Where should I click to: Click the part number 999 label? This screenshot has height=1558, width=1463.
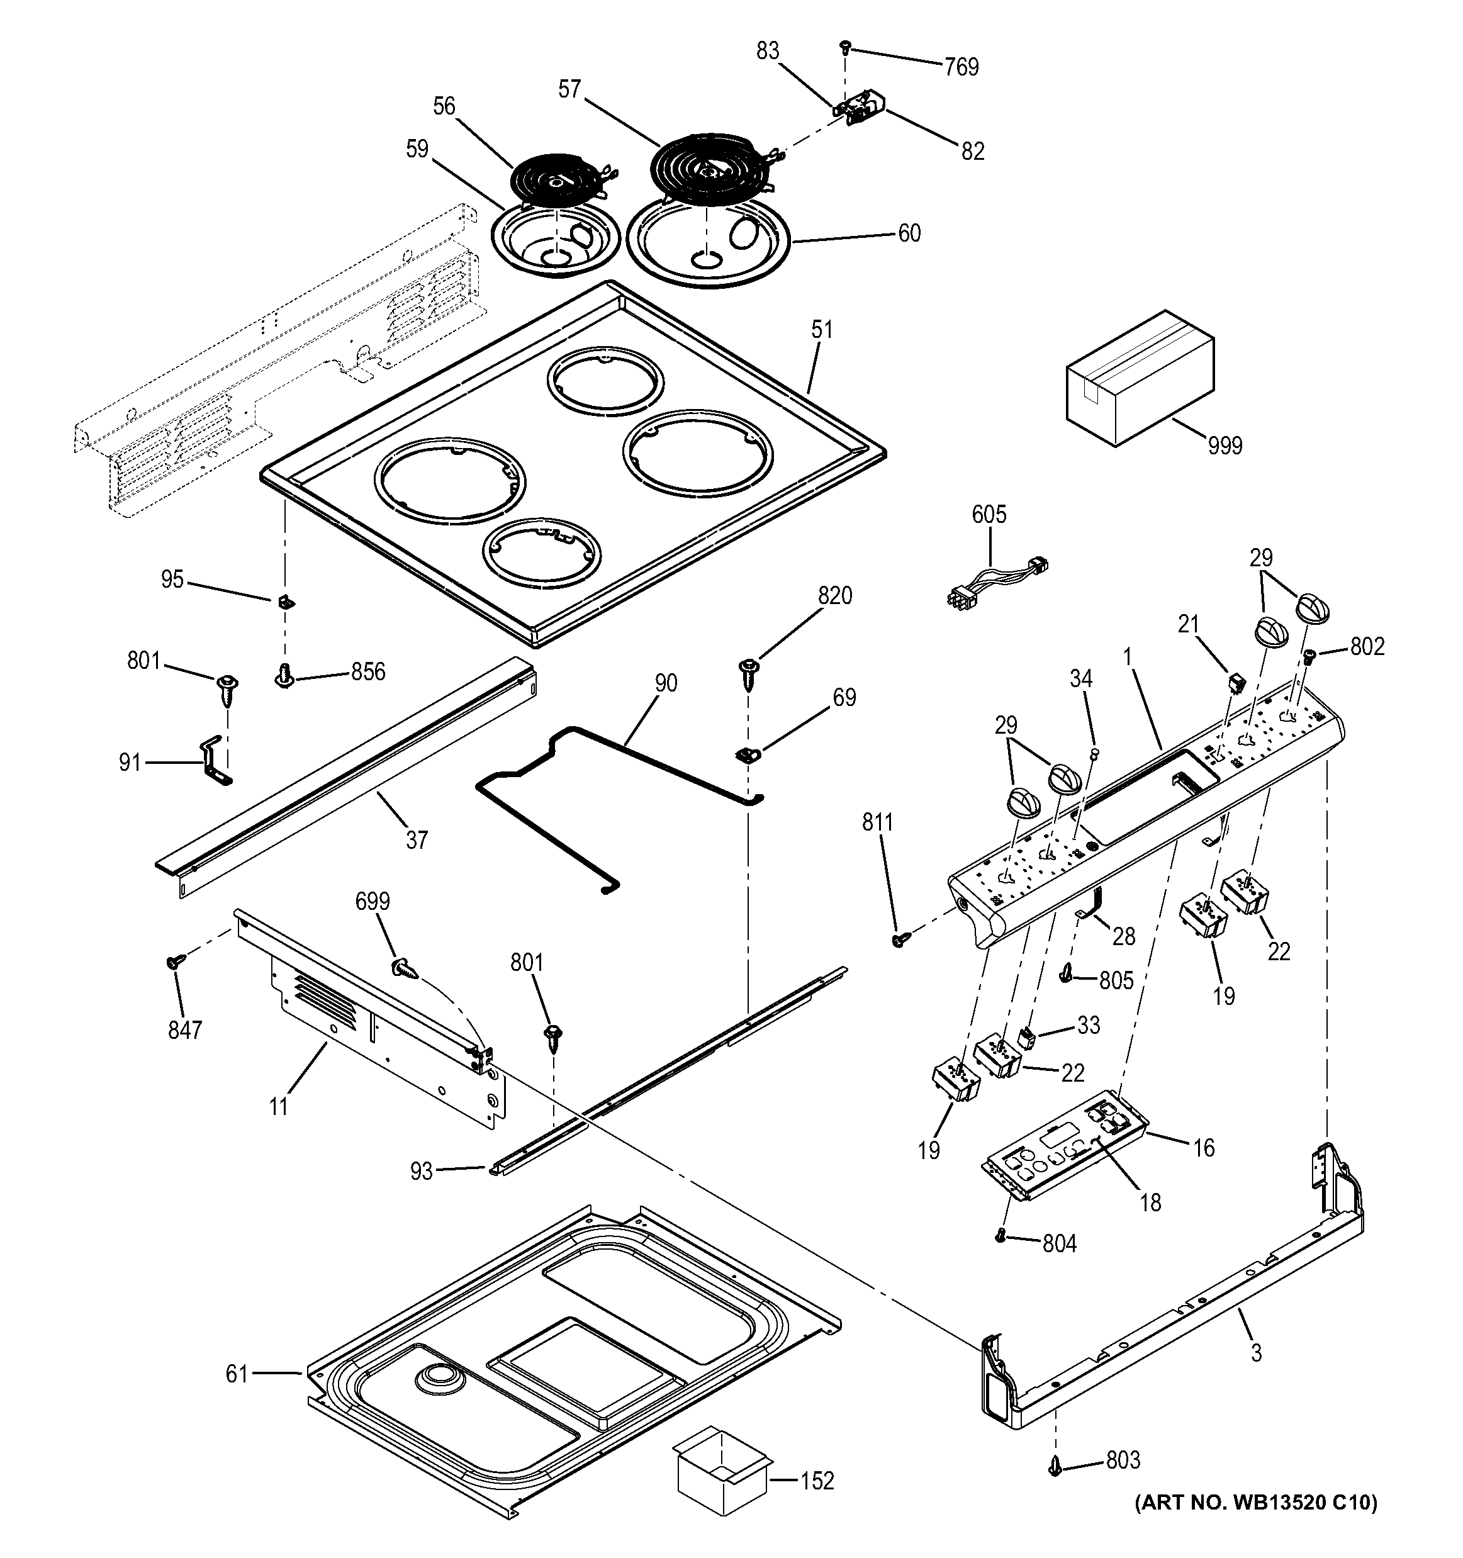pyautogui.click(x=1225, y=446)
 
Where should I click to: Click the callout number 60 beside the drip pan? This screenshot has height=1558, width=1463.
pyautogui.click(x=909, y=233)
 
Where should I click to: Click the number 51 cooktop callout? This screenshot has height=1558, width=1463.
pyautogui.click(x=822, y=330)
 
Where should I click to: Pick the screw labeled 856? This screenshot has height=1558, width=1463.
pyautogui.click(x=284, y=675)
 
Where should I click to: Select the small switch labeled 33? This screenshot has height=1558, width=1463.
pyautogui.click(x=1026, y=1039)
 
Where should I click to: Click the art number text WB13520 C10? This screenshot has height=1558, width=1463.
pyautogui.click(x=1255, y=1524)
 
